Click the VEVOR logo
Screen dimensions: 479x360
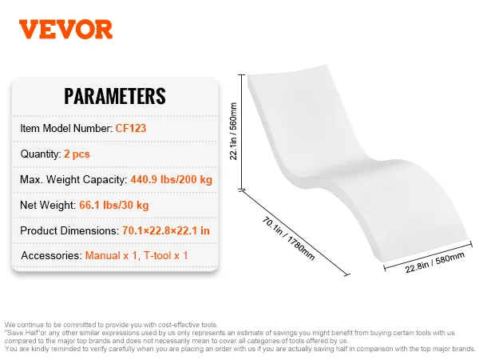[x=65, y=30]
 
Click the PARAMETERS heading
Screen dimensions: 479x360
[x=115, y=96]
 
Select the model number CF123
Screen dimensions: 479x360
[x=131, y=128]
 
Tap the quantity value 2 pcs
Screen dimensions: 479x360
[x=77, y=154]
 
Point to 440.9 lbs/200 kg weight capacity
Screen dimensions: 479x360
[x=172, y=179]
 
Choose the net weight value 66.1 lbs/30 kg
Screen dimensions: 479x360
[x=114, y=205]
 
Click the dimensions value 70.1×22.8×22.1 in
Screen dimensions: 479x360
[x=166, y=230]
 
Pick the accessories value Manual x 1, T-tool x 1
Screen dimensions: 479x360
[x=137, y=256]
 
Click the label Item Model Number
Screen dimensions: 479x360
[x=66, y=128]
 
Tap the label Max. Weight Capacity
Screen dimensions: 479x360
[x=73, y=180]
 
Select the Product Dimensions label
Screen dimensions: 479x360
[x=69, y=230]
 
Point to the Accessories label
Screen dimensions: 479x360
[x=51, y=256]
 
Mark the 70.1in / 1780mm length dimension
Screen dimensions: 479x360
[x=288, y=238]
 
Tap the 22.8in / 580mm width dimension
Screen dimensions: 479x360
[x=435, y=262]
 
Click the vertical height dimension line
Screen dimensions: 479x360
[x=242, y=132]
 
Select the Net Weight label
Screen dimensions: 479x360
[x=48, y=205]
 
